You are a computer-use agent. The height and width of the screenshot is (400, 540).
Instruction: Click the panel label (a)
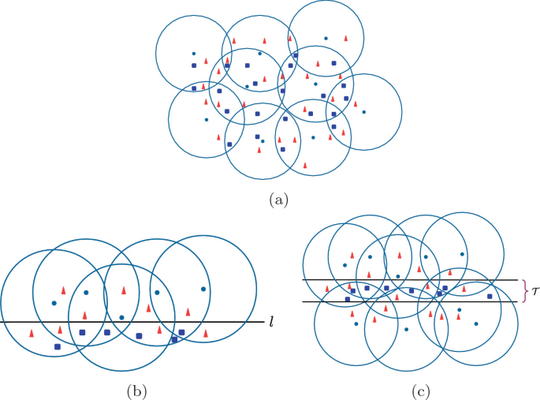coord(277,200)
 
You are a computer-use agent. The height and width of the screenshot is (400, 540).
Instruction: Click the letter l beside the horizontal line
coord(271,322)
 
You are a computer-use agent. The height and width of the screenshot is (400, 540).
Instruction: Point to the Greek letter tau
coord(535,291)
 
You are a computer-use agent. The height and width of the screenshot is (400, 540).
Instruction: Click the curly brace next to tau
coord(523,291)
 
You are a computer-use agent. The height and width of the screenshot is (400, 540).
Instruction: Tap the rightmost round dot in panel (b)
coord(203,290)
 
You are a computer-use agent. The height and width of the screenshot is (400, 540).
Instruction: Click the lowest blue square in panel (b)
coord(57,346)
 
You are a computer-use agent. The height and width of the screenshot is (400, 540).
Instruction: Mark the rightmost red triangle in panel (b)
coord(206,335)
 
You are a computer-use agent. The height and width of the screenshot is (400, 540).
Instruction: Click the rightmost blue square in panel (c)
coord(490,296)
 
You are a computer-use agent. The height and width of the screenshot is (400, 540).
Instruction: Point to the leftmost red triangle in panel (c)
coord(330,288)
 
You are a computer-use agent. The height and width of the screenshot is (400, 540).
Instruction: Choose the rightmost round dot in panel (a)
coord(363,112)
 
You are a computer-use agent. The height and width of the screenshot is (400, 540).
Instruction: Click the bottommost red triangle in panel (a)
coord(305,165)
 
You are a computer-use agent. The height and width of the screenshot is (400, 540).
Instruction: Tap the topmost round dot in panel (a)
coord(326,38)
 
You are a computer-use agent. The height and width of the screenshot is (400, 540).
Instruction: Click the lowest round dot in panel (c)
coord(407,329)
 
